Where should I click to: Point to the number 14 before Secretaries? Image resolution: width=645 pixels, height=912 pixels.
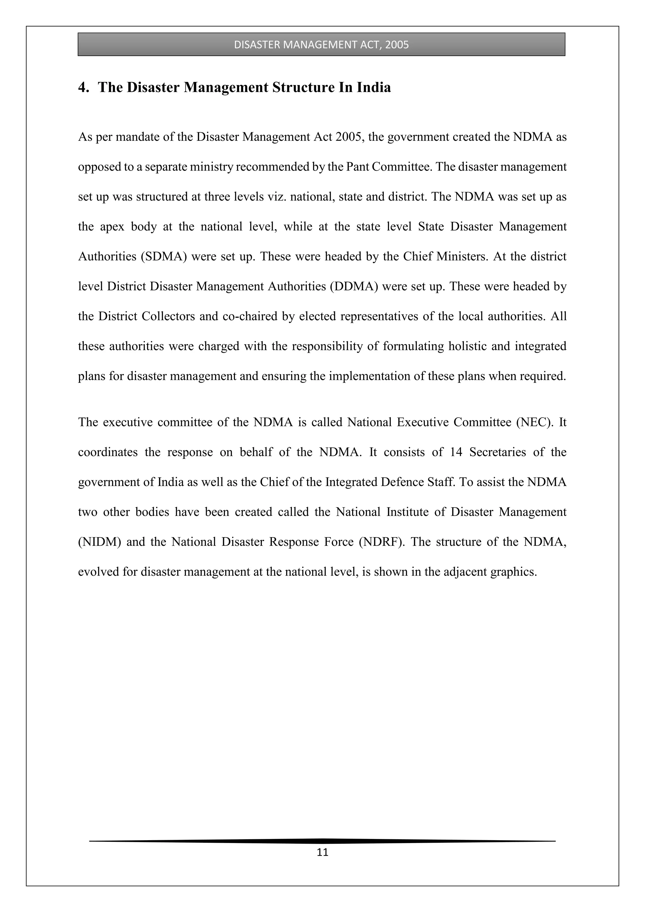coord(456,452)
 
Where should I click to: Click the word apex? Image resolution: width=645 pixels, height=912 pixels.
coord(112,227)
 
